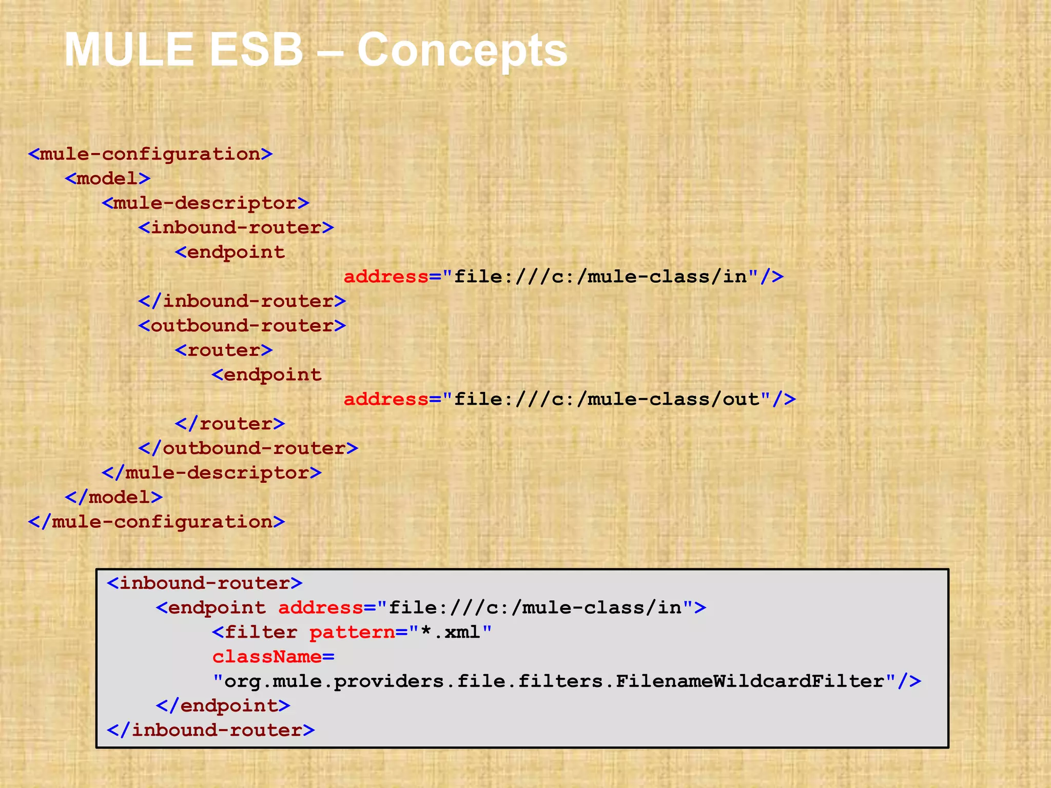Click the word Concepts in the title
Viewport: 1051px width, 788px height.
[x=462, y=50]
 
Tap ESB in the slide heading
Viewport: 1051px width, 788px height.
[x=257, y=50]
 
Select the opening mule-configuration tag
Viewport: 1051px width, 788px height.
[x=150, y=154]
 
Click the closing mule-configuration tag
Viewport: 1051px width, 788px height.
[x=156, y=522]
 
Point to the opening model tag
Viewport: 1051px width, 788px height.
[x=107, y=179]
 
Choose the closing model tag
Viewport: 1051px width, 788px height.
[x=113, y=497]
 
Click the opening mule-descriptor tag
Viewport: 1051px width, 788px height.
[x=205, y=203]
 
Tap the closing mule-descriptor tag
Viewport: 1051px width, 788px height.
[x=211, y=472]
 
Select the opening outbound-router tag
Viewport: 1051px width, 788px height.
[x=242, y=326]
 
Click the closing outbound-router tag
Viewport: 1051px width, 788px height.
[x=248, y=448]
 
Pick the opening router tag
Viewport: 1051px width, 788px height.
[x=223, y=350]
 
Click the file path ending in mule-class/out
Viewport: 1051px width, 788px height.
[x=607, y=399]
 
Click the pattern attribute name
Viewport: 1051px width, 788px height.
[x=352, y=632]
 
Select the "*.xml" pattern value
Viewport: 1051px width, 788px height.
[x=450, y=632]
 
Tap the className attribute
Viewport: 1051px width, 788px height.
[x=267, y=657]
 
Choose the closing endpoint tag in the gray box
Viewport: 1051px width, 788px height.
[x=223, y=706]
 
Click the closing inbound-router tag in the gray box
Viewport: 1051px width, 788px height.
[x=210, y=730]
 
